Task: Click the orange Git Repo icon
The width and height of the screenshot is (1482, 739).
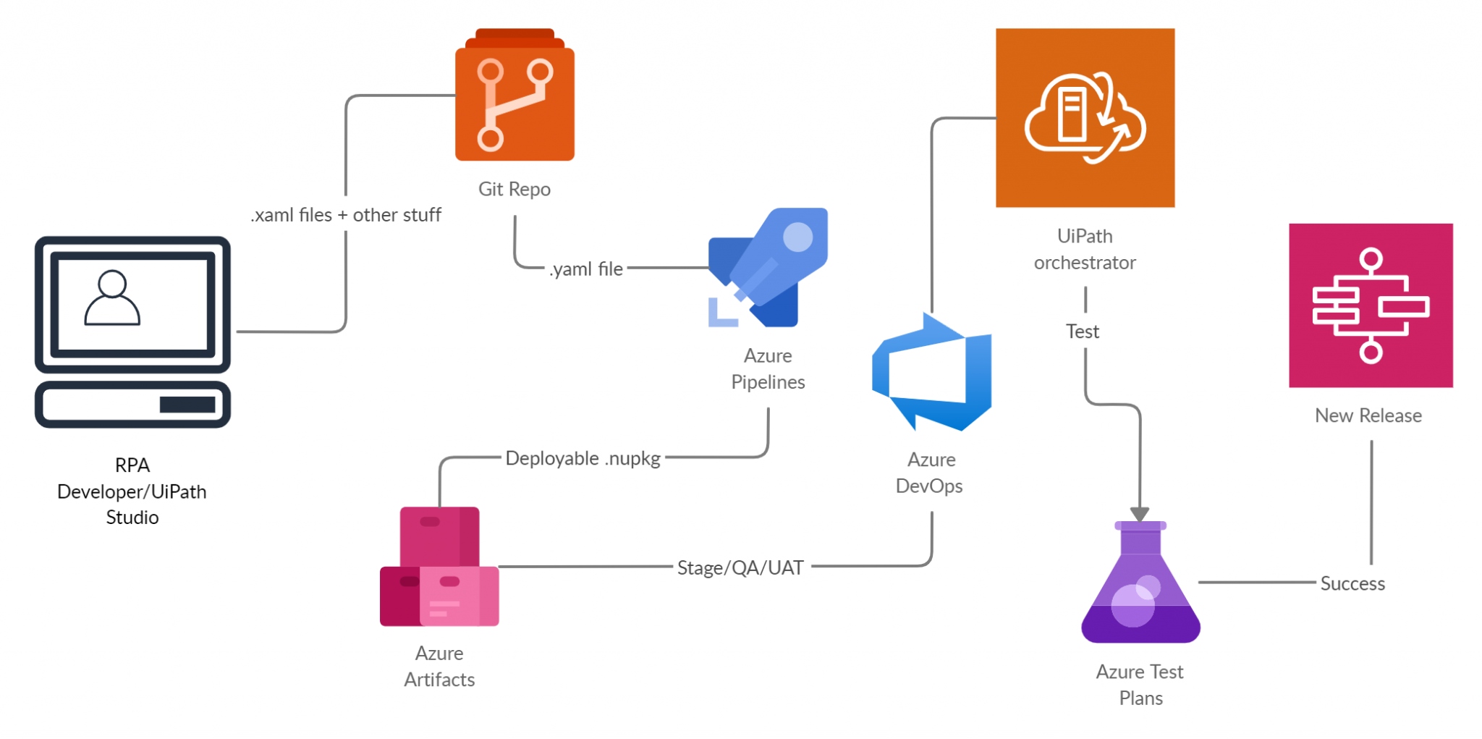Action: (x=515, y=98)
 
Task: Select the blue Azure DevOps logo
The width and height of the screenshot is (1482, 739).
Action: (x=932, y=373)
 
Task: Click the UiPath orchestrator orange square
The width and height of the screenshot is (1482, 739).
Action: (x=1085, y=118)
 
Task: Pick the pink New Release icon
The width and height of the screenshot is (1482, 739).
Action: (x=1371, y=305)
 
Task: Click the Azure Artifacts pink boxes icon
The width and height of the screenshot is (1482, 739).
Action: (x=439, y=567)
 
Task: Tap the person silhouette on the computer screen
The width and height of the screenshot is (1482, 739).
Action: (x=112, y=299)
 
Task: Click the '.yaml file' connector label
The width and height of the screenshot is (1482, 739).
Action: (x=585, y=269)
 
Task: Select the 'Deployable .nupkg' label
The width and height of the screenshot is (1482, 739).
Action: (x=583, y=459)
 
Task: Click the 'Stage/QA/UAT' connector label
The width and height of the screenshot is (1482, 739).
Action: (x=740, y=568)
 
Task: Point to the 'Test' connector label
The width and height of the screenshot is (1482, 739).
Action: (x=1082, y=332)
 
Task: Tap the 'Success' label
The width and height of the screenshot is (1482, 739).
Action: (x=1352, y=583)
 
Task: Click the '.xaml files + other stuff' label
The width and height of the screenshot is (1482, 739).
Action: (x=346, y=215)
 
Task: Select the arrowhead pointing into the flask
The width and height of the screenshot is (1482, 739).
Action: (x=1140, y=514)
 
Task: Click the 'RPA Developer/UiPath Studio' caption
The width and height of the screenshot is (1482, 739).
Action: (x=132, y=491)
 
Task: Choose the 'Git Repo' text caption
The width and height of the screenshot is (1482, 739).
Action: (x=515, y=190)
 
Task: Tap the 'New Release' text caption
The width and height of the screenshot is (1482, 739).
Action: (x=1368, y=415)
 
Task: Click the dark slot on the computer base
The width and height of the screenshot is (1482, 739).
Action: (x=187, y=405)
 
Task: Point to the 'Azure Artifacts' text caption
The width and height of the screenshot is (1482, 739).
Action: (x=439, y=667)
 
